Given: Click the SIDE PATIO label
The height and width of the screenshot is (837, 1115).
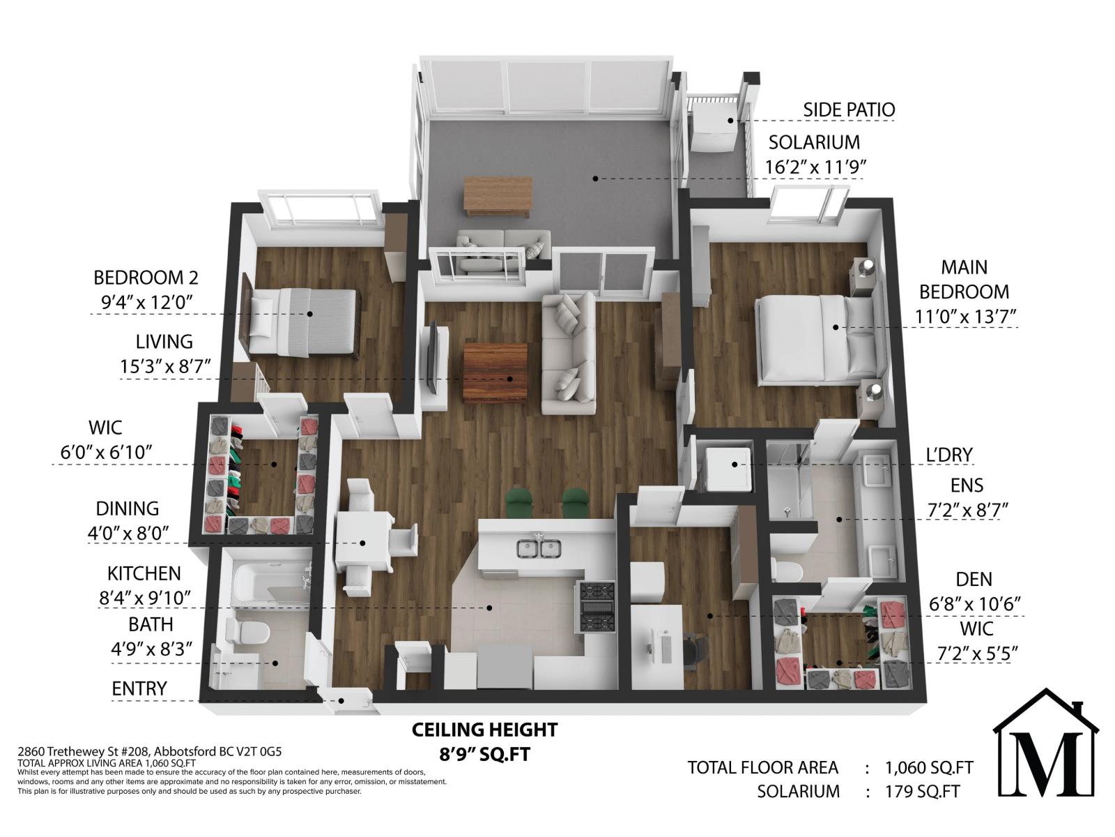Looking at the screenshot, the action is (848, 110).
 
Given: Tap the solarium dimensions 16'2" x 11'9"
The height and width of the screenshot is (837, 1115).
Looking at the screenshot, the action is (815, 167).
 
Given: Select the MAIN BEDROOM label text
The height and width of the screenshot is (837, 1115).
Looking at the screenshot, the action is (964, 280).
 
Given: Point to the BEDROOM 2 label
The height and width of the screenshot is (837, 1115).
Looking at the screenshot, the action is (146, 278).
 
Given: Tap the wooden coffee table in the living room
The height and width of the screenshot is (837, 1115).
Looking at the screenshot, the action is (495, 372).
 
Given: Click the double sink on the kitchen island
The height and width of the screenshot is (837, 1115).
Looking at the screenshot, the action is (539, 548).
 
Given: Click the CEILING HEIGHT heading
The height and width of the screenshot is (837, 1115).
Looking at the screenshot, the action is (484, 730).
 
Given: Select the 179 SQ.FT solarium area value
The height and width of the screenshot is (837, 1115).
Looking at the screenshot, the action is (923, 791).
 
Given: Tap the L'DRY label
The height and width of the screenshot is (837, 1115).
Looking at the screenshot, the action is (948, 455).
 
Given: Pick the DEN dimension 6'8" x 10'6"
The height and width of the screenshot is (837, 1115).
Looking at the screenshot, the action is (974, 604).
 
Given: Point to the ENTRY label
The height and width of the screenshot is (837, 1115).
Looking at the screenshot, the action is (139, 688).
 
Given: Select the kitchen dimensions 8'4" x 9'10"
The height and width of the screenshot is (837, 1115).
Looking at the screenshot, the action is (145, 598).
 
